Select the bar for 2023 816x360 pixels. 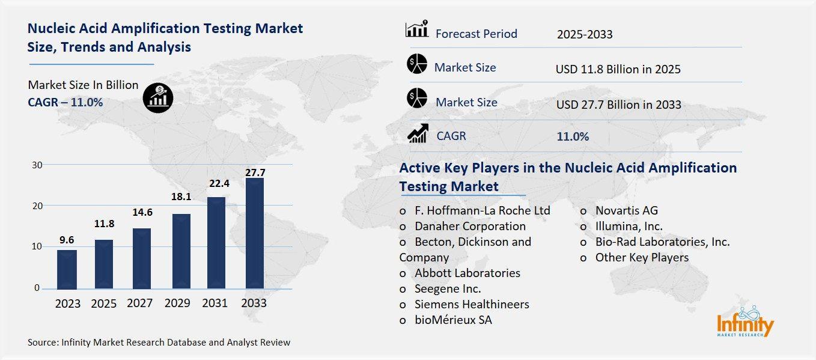tap(67, 269)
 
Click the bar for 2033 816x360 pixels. tap(254, 233)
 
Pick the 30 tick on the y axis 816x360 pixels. tap(37, 165)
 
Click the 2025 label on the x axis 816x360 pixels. tap(104, 304)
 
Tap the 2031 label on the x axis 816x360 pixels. tap(215, 304)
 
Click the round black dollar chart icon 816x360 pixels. tap(159, 97)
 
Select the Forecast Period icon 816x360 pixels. tap(417, 30)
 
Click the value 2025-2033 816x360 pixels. tap(585, 34)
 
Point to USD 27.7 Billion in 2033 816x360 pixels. tap(618, 105)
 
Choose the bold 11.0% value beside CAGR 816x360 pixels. tap(573, 136)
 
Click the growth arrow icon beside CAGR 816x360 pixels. tap(418, 133)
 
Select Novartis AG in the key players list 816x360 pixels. tap(626, 210)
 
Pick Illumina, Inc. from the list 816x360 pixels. tap(629, 226)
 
